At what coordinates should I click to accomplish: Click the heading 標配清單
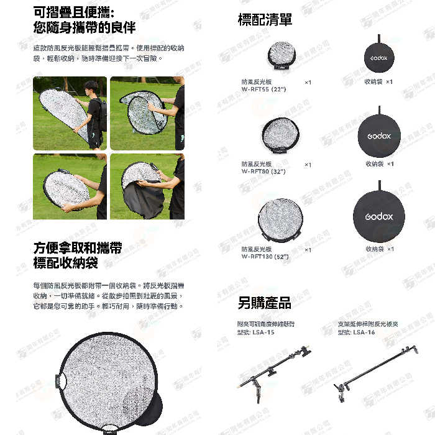tap(265, 19)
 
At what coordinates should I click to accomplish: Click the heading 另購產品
tap(264, 303)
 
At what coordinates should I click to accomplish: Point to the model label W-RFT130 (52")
tap(265, 256)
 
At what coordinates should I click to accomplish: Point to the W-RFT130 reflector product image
tap(280, 221)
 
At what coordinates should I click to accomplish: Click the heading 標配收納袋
tap(65, 263)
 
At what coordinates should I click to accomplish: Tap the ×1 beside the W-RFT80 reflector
tap(308, 165)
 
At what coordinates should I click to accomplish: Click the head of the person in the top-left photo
tap(91, 86)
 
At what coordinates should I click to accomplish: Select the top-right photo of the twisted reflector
tap(147, 113)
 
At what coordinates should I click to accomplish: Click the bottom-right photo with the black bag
tap(147, 186)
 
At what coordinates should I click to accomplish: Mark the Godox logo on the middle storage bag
tap(378, 135)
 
